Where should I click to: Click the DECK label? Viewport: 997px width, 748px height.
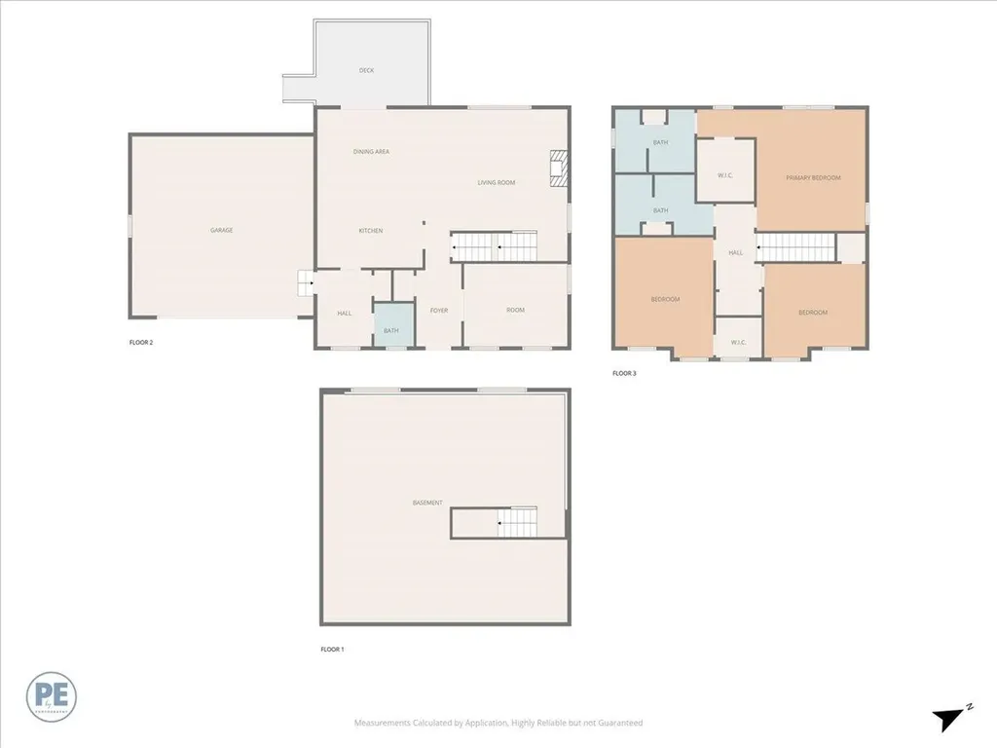coord(366,70)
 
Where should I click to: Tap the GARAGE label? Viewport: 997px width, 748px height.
coord(221,231)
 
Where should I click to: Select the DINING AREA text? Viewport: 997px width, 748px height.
coord(371,152)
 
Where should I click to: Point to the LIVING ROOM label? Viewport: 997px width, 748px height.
coord(496,183)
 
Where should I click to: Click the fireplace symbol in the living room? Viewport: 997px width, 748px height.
coord(558,168)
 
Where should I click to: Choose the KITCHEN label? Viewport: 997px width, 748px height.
coord(370,231)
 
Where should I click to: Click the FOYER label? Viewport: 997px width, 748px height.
coord(439,310)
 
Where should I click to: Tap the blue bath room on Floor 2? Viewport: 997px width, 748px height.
coord(391,325)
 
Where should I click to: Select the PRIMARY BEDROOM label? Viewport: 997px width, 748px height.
coord(813,177)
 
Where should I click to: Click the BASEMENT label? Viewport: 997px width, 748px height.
coord(427,503)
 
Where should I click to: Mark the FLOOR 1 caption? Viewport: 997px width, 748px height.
coord(331,649)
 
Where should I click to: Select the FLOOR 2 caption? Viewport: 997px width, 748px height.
coord(141,342)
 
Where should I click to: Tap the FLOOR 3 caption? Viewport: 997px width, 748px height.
coord(624,373)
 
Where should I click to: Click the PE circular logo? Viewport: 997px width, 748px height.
coord(52,696)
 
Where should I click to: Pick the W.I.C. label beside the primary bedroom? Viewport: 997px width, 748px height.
coord(725,176)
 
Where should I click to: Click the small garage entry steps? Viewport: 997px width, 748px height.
coord(305,284)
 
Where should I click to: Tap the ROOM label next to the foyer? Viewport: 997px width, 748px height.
coord(515,310)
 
